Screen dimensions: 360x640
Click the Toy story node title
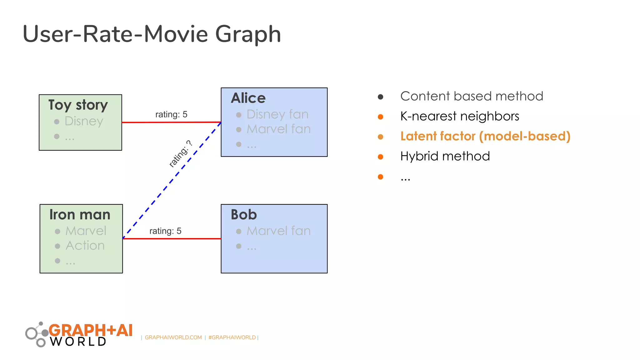coord(78,105)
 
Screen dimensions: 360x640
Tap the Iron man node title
coord(80,215)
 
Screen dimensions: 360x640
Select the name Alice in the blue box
coord(248,98)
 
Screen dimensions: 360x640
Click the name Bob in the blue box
coord(244,215)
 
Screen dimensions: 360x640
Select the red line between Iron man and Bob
coord(172,239)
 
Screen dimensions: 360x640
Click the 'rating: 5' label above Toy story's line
coord(171,114)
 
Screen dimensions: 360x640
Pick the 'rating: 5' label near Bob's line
coord(165,231)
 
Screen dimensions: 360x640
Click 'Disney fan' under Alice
coord(277,114)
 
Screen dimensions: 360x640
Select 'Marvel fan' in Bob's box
coord(278,231)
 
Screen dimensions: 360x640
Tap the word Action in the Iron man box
coord(85,246)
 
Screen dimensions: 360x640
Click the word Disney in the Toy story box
coord(84,121)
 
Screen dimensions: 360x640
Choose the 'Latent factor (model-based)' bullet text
coord(485,136)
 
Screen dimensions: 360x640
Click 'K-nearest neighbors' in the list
coord(460,116)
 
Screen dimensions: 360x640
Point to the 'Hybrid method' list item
coord(445,156)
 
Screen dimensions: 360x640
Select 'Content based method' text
coord(472,96)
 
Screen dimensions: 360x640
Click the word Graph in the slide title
coord(248,34)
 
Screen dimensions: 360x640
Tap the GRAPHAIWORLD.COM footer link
coord(173,337)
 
